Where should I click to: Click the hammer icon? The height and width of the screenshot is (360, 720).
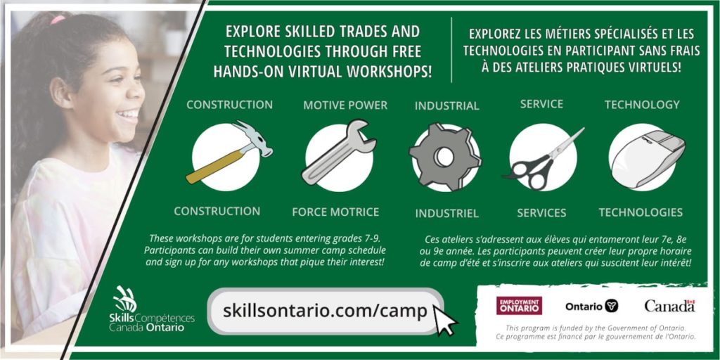click(229, 153)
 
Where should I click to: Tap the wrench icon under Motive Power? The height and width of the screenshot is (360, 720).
click(338, 153)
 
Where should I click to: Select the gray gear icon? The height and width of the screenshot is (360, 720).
click(445, 157)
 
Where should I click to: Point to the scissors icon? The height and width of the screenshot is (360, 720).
click(544, 159)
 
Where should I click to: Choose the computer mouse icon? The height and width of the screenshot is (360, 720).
click(648, 157)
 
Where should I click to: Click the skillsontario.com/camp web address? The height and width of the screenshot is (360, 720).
click(325, 311)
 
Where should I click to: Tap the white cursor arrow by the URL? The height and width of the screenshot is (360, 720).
click(444, 320)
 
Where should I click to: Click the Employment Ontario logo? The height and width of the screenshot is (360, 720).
click(519, 305)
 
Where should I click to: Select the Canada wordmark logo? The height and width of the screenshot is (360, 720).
click(669, 305)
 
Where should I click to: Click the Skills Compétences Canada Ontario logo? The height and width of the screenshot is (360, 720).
click(152, 309)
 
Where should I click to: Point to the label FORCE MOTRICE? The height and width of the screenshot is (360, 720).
click(335, 212)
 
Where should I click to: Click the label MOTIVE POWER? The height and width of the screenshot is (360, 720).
click(345, 105)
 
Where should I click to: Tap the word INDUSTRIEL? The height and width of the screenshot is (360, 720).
click(446, 214)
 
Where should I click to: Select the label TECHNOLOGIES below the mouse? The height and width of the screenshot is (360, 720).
click(641, 212)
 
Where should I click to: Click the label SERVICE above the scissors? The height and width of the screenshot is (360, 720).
click(541, 104)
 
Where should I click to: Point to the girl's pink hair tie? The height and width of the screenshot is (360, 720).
click(58, 19)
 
